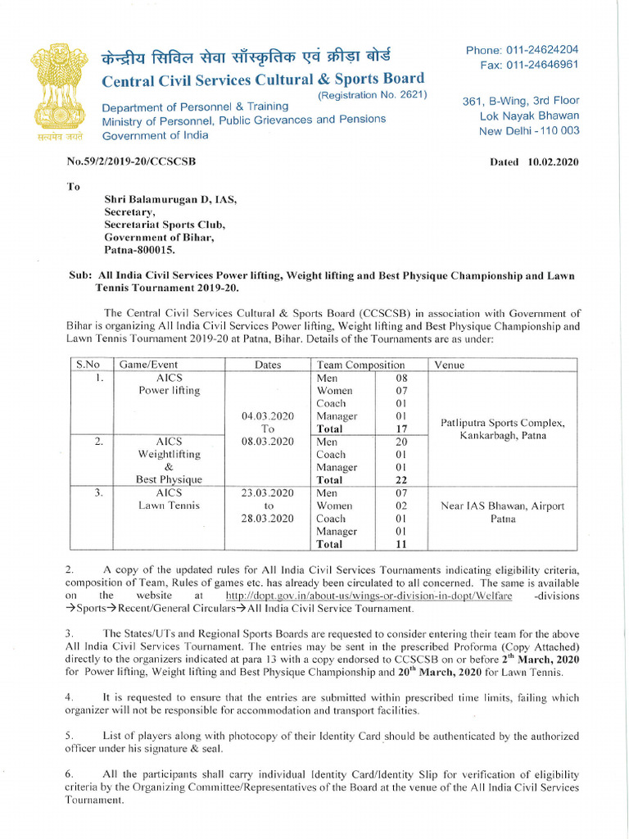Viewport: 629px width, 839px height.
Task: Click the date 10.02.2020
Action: [x=553, y=161]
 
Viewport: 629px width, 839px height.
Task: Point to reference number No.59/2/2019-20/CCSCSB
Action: [x=131, y=161]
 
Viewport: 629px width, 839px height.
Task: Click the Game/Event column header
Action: [x=148, y=365]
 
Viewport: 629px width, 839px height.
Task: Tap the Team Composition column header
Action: [x=360, y=365]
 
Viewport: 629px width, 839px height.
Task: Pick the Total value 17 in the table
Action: [x=401, y=429]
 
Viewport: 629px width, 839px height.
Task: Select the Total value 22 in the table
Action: [x=401, y=480]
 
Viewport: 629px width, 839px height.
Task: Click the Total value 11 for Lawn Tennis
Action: [x=401, y=544]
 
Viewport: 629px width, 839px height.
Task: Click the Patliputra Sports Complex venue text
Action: [x=502, y=423]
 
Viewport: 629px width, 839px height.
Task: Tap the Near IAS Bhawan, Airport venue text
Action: [x=502, y=506]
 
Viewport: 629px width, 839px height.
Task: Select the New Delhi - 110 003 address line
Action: [x=529, y=130]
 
